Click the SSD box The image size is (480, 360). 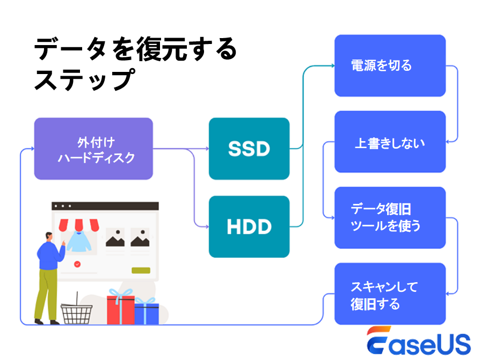coord(249,149)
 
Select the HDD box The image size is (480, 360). coord(249,226)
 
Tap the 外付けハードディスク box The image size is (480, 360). coord(93,149)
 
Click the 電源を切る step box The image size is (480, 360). coord(390,65)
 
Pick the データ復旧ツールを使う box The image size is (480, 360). coord(390,217)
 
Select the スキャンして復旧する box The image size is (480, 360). coord(390,294)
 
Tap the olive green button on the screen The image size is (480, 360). coord(141,270)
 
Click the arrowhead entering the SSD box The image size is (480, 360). coord(206,149)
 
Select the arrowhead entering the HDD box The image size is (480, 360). coord(206,226)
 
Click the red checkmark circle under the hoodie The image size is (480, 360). coord(77,264)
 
